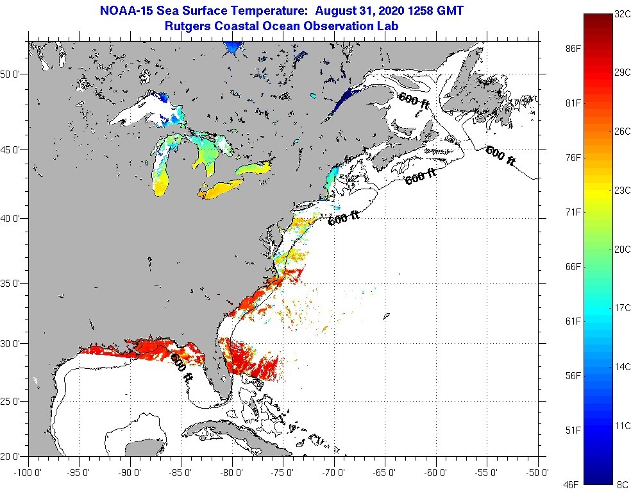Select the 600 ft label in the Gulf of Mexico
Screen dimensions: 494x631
[181, 368]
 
